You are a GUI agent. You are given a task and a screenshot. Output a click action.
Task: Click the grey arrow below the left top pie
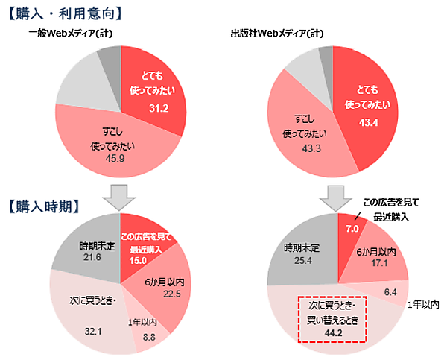[119, 196]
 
